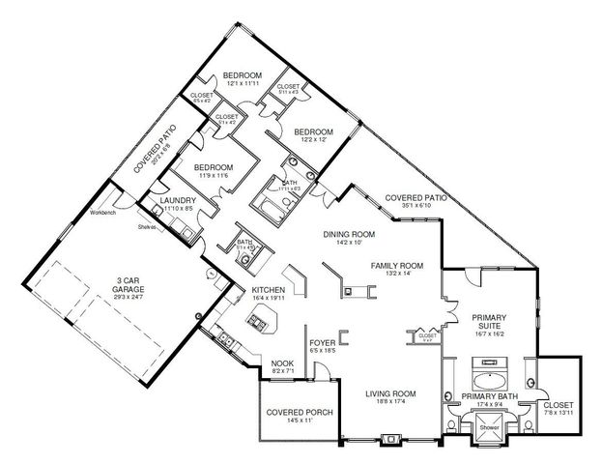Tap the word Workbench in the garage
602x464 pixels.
pyautogui.click(x=103, y=212)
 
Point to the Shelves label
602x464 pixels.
pyautogui.click(x=146, y=227)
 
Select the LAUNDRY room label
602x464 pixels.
pyautogui.click(x=179, y=200)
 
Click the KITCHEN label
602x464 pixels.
pyautogui.click(x=268, y=290)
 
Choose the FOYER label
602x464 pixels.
pyautogui.click(x=322, y=343)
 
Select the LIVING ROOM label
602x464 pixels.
pyautogui.click(x=389, y=393)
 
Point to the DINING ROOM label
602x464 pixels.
pyautogui.click(x=349, y=234)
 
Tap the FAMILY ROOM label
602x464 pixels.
pyautogui.click(x=397, y=265)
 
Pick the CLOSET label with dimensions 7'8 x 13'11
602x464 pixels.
pyautogui.click(x=559, y=404)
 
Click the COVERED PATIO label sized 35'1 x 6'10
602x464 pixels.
pyautogui.click(x=416, y=196)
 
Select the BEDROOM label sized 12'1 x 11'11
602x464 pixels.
pyautogui.click(x=243, y=74)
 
